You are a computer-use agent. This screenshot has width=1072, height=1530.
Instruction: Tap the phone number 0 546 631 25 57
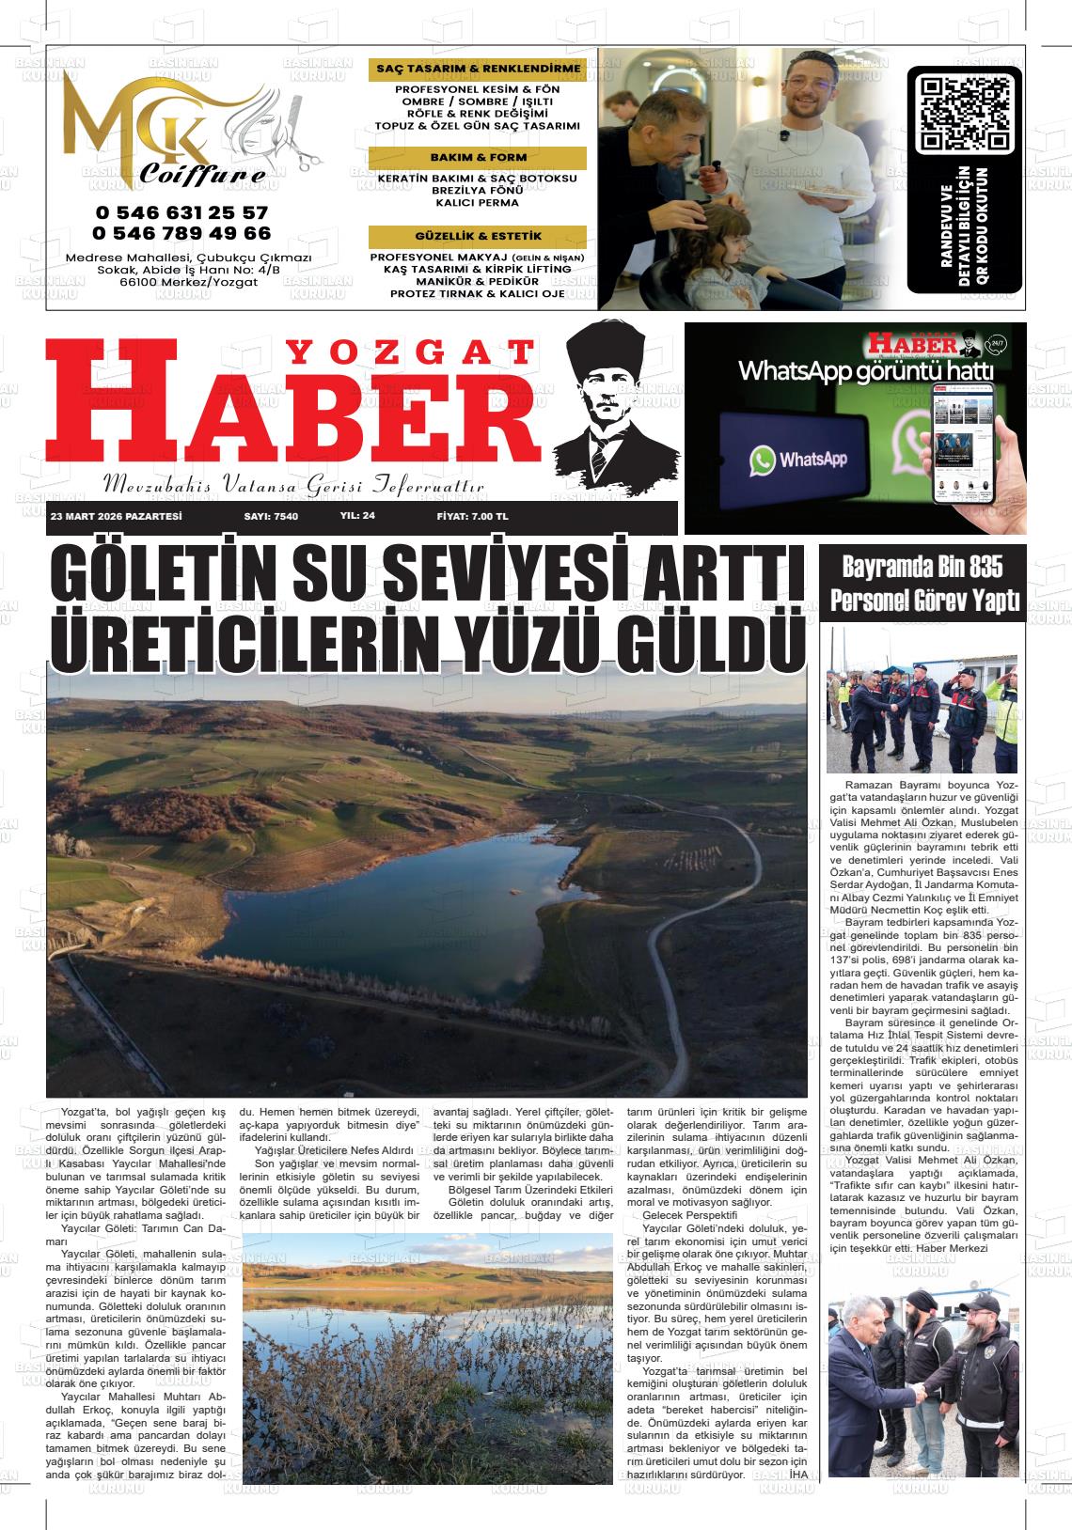tap(181, 213)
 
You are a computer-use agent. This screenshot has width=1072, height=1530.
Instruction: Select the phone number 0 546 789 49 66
tap(181, 233)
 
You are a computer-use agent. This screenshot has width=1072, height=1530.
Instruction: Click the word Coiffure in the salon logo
tap(202, 175)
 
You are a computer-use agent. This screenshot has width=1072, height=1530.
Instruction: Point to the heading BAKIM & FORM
tap(478, 157)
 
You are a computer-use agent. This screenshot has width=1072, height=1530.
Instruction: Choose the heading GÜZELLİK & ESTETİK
tap(478, 236)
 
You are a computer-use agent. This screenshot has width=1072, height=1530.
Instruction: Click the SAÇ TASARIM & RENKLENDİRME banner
tap(478, 70)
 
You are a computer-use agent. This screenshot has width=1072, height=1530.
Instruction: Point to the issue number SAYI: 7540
tap(271, 517)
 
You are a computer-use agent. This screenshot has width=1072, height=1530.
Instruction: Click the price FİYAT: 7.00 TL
tap(472, 517)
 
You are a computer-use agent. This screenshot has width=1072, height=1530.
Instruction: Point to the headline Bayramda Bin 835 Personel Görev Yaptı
tap(922, 584)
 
